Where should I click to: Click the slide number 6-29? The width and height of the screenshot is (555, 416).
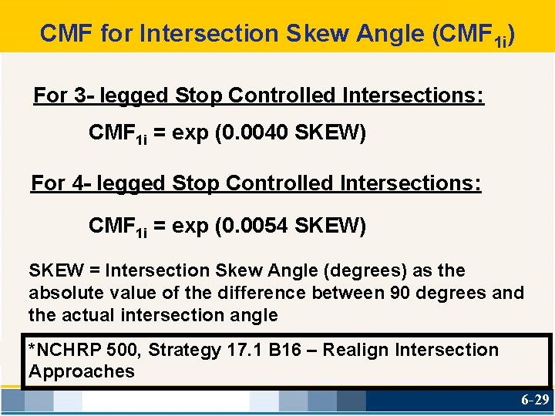pos(535,401)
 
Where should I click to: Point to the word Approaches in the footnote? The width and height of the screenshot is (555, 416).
pos(82,371)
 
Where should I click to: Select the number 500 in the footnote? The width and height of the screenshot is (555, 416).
pos(123,351)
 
